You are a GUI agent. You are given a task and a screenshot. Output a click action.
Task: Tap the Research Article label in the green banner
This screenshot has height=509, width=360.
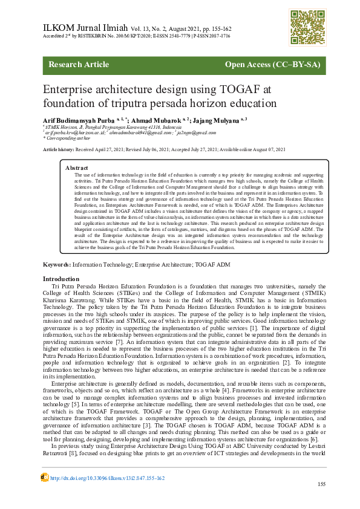coord(79,64)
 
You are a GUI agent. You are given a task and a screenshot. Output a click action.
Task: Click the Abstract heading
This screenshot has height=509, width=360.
coord(77,167)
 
